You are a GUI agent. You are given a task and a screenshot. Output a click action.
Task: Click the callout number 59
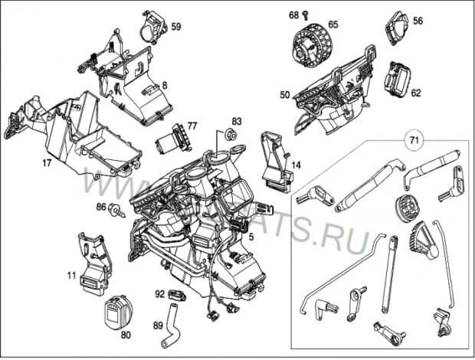(176, 27)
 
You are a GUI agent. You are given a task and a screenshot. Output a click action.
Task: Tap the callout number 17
(47, 162)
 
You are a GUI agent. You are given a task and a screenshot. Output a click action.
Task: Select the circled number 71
(414, 141)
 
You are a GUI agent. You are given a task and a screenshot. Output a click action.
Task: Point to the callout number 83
(237, 122)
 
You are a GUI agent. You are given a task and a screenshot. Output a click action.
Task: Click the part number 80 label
(125, 335)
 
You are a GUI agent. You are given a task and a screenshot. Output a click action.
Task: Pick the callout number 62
(416, 93)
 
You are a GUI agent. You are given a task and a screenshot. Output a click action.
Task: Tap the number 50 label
(284, 95)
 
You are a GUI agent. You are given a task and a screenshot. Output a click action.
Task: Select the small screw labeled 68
(304, 15)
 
